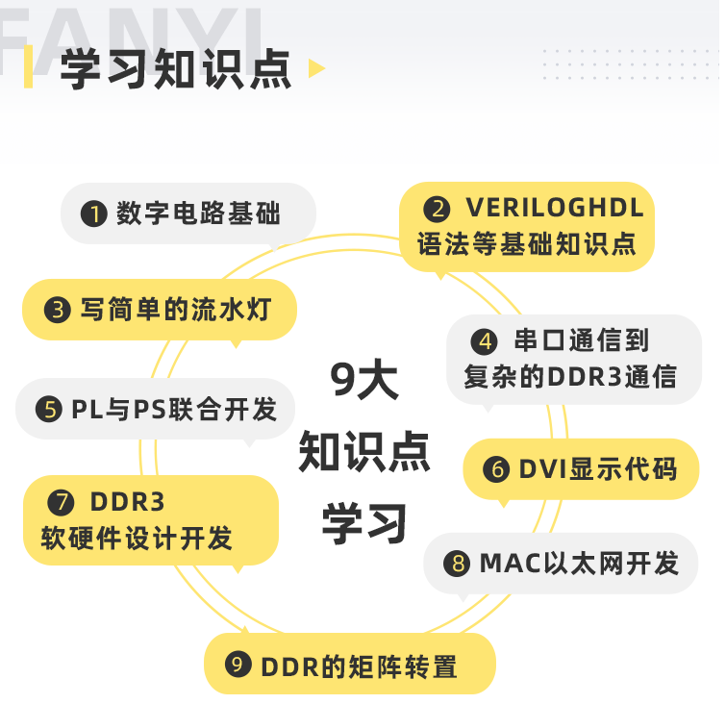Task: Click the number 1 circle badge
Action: (x=93, y=214)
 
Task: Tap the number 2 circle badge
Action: (x=438, y=209)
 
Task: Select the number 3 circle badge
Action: (x=58, y=310)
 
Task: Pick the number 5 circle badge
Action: (x=49, y=410)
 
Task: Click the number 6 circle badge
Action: (x=496, y=469)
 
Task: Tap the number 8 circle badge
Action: (x=456, y=563)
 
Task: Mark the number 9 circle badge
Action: (x=238, y=665)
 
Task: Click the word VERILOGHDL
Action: (x=555, y=208)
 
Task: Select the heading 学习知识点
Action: (x=176, y=69)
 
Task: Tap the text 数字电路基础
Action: (x=198, y=214)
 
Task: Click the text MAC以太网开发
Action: (x=579, y=563)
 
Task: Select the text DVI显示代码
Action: (x=598, y=469)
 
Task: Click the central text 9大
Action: (x=363, y=382)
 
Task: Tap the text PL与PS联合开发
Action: (x=174, y=410)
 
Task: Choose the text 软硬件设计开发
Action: (x=137, y=538)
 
